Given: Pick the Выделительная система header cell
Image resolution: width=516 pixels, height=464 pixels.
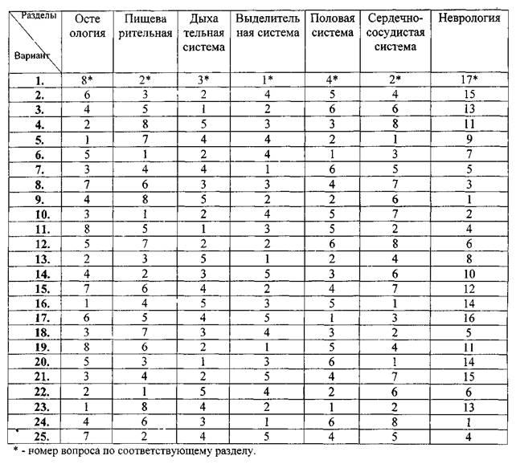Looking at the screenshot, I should (266, 25).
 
